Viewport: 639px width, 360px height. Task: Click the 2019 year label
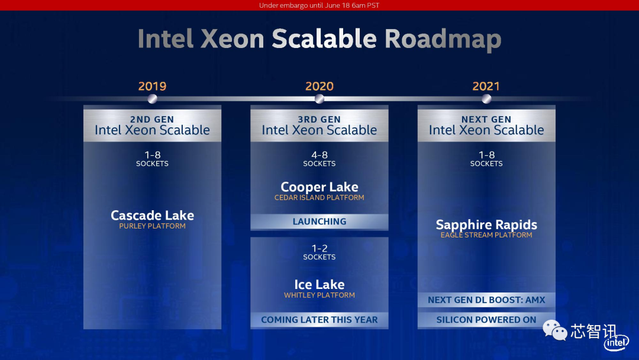point(153,86)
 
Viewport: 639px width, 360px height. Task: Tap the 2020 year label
point(319,86)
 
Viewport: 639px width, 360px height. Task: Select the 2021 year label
point(486,86)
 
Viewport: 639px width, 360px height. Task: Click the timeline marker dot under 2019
point(153,99)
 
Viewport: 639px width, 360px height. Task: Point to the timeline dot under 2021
point(486,99)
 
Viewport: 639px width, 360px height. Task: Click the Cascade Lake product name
point(153,215)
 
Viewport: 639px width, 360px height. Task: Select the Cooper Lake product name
point(319,187)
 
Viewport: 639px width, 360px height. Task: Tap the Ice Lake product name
point(319,284)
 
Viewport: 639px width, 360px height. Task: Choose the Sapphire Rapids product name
point(486,224)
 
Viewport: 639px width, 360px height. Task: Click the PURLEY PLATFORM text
point(153,226)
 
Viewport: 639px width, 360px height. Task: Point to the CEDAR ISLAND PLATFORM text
point(319,198)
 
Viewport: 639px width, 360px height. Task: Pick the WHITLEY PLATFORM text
point(319,295)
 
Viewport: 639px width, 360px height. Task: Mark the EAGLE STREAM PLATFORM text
point(486,235)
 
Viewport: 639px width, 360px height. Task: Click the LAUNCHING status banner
point(319,221)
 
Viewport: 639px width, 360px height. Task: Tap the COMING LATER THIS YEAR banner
point(319,320)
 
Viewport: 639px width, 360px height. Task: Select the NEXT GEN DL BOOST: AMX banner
point(486,300)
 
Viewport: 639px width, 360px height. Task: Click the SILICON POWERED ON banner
point(486,320)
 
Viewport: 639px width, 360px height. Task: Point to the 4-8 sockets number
point(319,155)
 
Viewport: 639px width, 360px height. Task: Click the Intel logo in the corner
point(616,343)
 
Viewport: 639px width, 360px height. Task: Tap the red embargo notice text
point(319,5)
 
